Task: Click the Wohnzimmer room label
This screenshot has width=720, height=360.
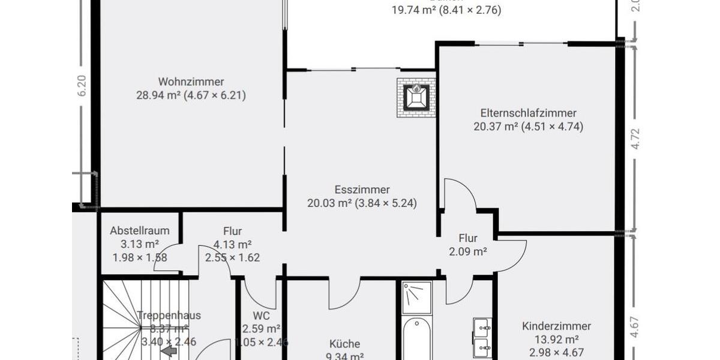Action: pyautogui.click(x=191, y=82)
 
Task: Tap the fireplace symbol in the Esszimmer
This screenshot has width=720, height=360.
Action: pyautogui.click(x=415, y=96)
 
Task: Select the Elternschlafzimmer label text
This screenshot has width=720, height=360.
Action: pyautogui.click(x=528, y=113)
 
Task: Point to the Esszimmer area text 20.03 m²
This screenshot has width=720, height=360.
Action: pyautogui.click(x=329, y=203)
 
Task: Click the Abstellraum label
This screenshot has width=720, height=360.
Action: pyautogui.click(x=140, y=230)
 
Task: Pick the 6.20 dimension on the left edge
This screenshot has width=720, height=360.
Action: pyautogui.click(x=82, y=86)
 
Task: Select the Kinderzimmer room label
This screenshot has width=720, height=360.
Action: pyautogui.click(x=556, y=326)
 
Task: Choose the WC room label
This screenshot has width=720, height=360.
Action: pyautogui.click(x=261, y=316)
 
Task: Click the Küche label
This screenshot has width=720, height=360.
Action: pyautogui.click(x=345, y=344)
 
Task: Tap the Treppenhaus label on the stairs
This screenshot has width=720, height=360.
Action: pyautogui.click(x=169, y=316)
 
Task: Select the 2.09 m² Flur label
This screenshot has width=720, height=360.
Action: pyautogui.click(x=468, y=252)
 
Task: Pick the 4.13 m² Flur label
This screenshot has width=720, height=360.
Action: pyautogui.click(x=232, y=244)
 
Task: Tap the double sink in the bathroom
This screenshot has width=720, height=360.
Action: pyautogui.click(x=482, y=337)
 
